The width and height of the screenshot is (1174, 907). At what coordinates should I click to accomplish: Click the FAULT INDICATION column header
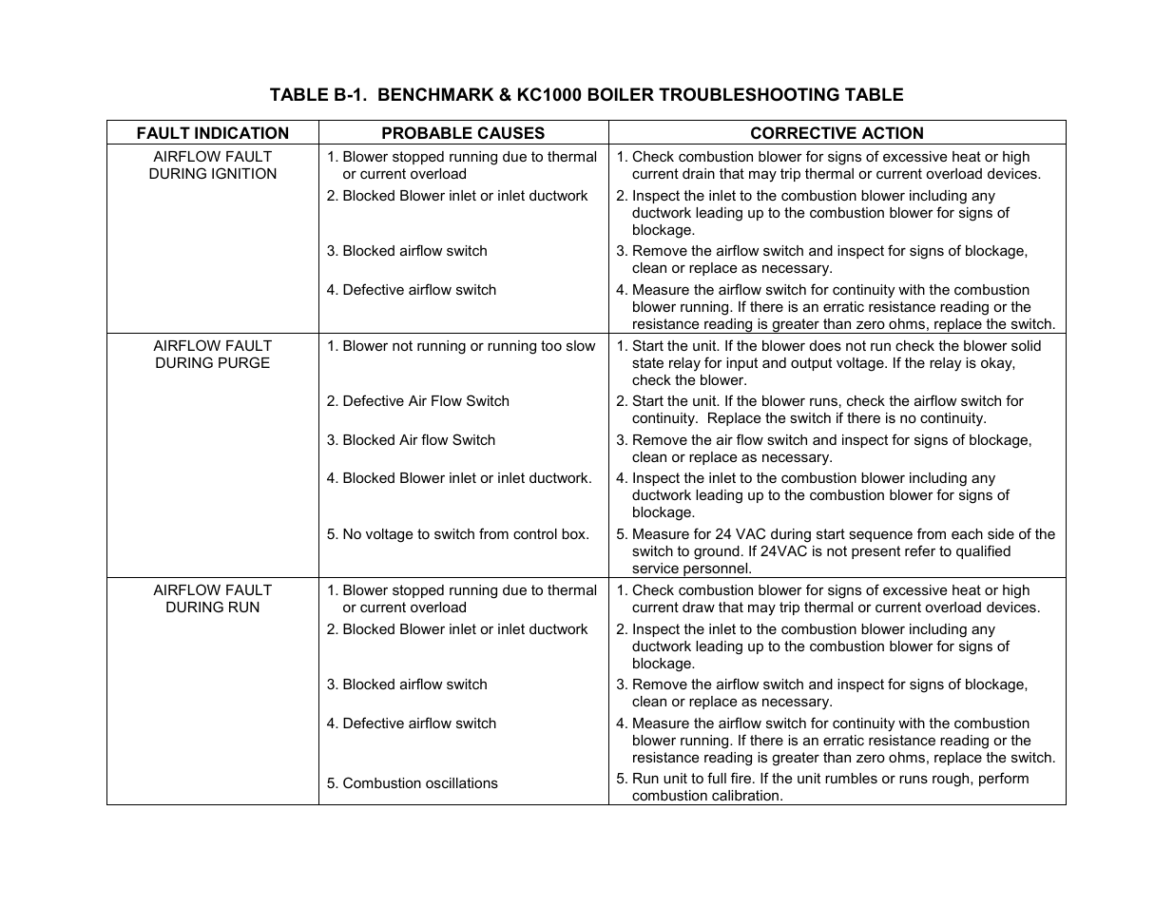pyautogui.click(x=212, y=133)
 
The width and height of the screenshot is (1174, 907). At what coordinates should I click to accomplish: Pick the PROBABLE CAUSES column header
pyautogui.click(x=463, y=133)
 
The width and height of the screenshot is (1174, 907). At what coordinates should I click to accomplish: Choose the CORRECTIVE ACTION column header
pyautogui.click(x=837, y=133)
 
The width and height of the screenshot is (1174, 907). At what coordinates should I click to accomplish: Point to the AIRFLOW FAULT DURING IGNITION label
pyautogui.click(x=212, y=165)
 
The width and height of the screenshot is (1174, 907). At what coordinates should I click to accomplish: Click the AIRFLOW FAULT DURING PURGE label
pyautogui.click(x=212, y=355)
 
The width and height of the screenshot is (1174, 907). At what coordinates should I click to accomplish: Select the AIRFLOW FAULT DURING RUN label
pyautogui.click(x=212, y=599)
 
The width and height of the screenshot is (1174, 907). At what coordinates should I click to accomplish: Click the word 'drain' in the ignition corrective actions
pyautogui.click(x=705, y=174)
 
